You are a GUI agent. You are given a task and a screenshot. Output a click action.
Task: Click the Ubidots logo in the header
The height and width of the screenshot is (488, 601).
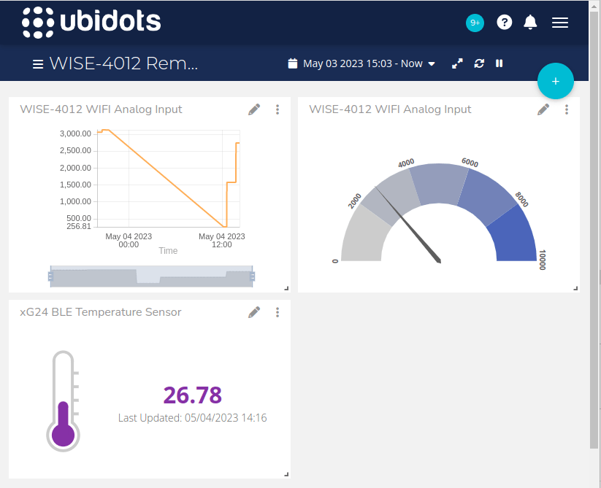(x=91, y=22)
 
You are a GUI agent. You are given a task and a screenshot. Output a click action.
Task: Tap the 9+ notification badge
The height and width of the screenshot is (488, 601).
(x=475, y=23)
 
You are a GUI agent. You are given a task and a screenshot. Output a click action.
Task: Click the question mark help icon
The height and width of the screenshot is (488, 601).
(x=505, y=22)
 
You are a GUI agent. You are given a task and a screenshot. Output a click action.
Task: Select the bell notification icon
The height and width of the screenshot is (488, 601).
(x=531, y=22)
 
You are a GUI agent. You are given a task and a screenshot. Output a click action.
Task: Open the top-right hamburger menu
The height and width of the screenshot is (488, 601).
(x=560, y=23)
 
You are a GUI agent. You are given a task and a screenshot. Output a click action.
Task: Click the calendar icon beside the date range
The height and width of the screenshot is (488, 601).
(x=293, y=63)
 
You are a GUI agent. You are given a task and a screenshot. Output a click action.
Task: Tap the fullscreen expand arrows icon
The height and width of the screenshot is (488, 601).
(x=457, y=63)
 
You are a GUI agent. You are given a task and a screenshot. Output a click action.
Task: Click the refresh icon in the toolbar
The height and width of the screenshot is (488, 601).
(x=479, y=63)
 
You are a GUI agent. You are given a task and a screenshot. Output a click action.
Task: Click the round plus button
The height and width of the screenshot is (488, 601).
(x=556, y=81)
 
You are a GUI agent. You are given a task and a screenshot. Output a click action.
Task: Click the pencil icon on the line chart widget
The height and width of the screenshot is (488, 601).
(x=254, y=109)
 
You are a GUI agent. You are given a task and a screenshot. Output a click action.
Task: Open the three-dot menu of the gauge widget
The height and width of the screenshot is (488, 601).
(x=567, y=109)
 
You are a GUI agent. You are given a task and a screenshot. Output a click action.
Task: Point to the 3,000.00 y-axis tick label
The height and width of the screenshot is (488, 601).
(x=76, y=133)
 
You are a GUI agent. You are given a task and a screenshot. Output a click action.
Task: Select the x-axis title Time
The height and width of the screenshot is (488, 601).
(x=168, y=251)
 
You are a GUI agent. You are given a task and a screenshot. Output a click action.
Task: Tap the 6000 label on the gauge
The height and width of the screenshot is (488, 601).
(x=470, y=163)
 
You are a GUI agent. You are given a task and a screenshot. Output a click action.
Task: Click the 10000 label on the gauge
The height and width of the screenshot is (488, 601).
(x=542, y=260)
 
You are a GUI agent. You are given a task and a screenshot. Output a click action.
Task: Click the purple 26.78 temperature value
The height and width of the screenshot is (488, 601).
(x=192, y=395)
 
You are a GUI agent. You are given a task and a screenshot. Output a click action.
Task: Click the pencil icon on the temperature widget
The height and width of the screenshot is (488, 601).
(x=254, y=312)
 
